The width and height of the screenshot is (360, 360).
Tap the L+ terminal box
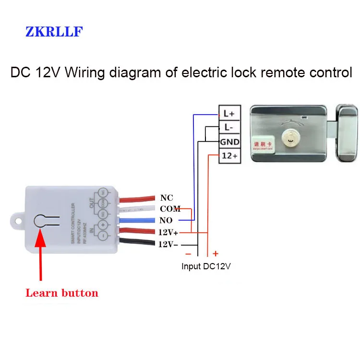(x=228, y=114)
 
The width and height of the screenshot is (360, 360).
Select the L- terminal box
(x=228, y=128)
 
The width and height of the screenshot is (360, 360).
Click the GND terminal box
(x=228, y=142)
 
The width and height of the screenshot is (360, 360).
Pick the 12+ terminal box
(x=228, y=156)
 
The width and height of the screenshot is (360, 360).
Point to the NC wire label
(x=167, y=198)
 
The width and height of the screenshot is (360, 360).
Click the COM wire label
(x=170, y=209)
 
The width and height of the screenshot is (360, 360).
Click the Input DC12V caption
(x=206, y=266)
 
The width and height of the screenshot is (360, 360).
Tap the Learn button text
(x=61, y=293)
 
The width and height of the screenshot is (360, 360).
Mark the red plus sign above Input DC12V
(x=216, y=253)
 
